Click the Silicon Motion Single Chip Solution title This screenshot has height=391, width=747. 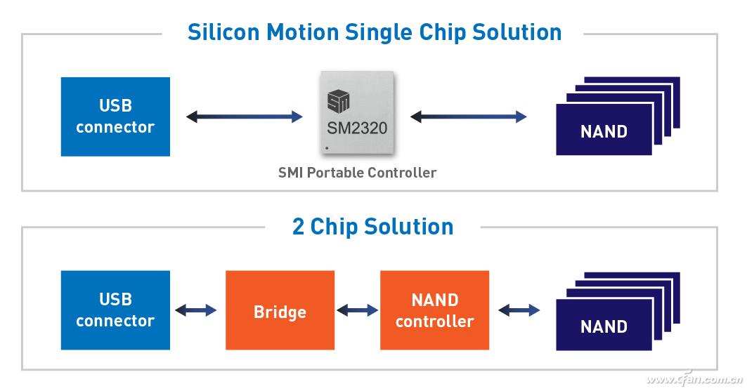pyautogui.click(x=374, y=32)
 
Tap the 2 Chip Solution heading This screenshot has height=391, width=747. pyautogui.click(x=372, y=227)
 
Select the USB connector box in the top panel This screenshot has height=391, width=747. pyautogui.click(x=115, y=117)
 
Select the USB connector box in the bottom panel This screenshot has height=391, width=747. pyautogui.click(x=115, y=310)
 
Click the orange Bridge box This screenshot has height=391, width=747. pyautogui.click(x=280, y=310)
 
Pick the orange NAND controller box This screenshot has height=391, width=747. pyautogui.click(x=434, y=310)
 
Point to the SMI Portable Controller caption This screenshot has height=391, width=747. pyautogui.click(x=357, y=173)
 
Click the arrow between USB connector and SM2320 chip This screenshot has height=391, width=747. pyautogui.click(x=244, y=117)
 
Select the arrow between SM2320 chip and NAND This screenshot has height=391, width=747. pyautogui.click(x=468, y=117)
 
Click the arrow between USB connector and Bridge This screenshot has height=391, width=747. pyautogui.click(x=195, y=310)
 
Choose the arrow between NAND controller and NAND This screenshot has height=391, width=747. pyautogui.click(x=519, y=310)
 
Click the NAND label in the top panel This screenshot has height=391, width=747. pyautogui.click(x=604, y=131)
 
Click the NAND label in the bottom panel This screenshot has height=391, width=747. pyautogui.click(x=604, y=326)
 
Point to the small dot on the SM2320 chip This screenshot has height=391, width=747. pyautogui.click(x=327, y=149)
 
